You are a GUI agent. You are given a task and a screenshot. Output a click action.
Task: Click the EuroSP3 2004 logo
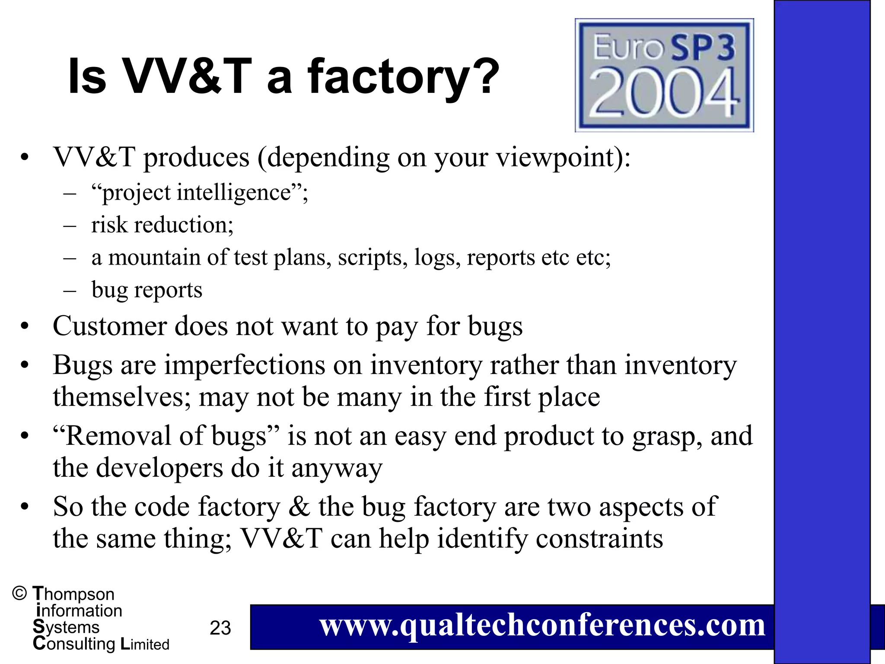pyautogui.click(x=664, y=75)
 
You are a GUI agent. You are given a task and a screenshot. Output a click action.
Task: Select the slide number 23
pyautogui.click(x=220, y=628)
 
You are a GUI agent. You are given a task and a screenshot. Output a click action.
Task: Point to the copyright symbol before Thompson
pyautogui.click(x=20, y=594)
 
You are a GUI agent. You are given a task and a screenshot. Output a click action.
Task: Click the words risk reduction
pyautogui.click(x=162, y=225)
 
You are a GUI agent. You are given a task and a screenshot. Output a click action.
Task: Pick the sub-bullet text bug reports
pyautogui.click(x=147, y=290)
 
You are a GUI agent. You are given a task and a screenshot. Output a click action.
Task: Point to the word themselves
pyautogui.click(x=118, y=397)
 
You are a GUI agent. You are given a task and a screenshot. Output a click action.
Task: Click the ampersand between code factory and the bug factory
pyautogui.click(x=299, y=507)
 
